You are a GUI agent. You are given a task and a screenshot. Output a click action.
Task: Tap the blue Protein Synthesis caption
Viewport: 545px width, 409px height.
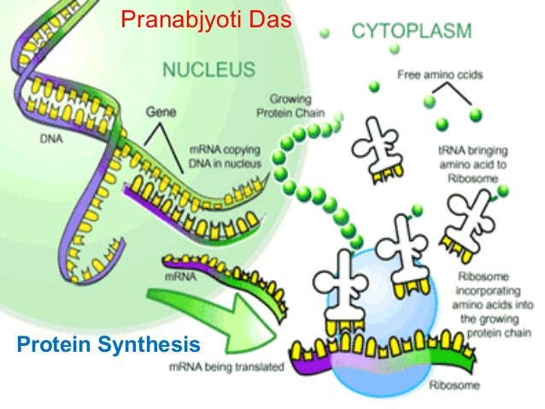click(x=108, y=344)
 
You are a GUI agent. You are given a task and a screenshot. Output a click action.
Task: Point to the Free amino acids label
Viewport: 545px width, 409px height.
click(x=440, y=75)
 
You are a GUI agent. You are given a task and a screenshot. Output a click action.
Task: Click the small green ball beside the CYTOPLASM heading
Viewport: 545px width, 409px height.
click(x=325, y=34)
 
